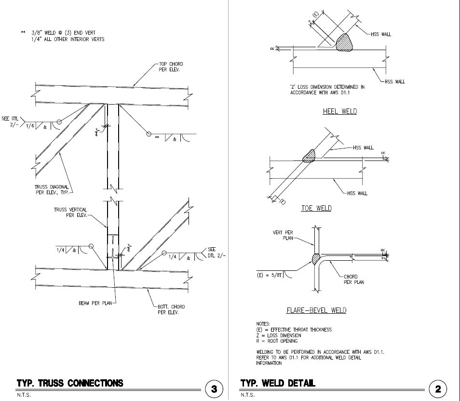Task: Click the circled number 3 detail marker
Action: (x=214, y=388)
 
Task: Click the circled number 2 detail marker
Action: (x=438, y=388)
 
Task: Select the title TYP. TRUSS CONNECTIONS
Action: (x=70, y=384)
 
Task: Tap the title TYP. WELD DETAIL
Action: (x=278, y=384)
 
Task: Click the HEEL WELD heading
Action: (x=339, y=111)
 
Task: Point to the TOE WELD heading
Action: (x=316, y=208)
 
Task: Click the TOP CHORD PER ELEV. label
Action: (x=171, y=67)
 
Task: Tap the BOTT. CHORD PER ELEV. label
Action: (x=171, y=309)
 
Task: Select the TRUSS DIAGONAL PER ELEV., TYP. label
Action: (x=54, y=189)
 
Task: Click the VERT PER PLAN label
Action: (x=284, y=235)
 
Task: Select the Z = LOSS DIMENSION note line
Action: (x=279, y=335)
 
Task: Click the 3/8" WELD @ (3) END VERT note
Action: (x=66, y=32)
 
